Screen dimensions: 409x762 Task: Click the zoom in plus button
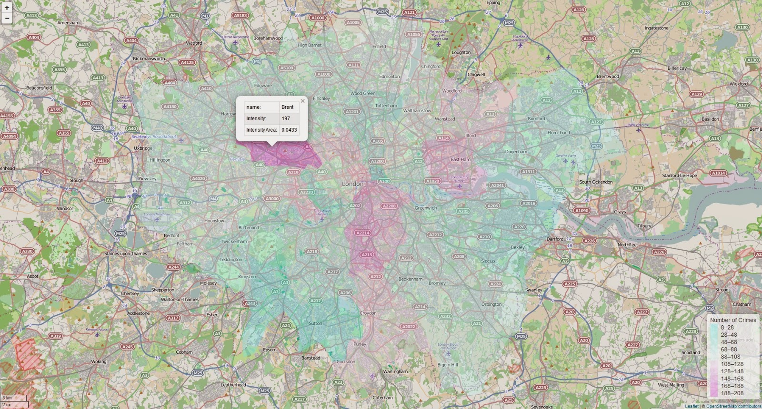(x=7, y=8)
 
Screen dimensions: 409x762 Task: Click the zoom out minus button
(x=7, y=19)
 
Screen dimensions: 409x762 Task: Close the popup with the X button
(x=302, y=101)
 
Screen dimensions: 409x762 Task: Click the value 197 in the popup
(x=286, y=118)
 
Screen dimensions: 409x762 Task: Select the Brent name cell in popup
(x=287, y=107)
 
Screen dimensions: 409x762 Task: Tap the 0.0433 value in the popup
(x=289, y=130)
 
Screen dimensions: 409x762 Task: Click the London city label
(x=352, y=184)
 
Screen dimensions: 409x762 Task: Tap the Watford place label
(x=194, y=43)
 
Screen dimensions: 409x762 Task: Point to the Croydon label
(x=368, y=313)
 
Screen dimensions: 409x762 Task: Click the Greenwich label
(x=425, y=208)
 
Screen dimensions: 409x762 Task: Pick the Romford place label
(x=536, y=118)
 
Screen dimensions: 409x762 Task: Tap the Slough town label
(x=76, y=180)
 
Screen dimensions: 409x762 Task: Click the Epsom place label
(x=270, y=350)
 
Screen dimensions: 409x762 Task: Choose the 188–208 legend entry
(x=732, y=393)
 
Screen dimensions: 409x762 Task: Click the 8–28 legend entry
(x=727, y=327)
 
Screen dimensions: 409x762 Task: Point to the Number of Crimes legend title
(x=733, y=320)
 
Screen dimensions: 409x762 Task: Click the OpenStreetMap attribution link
(x=733, y=406)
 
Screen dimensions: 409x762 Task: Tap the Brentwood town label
(x=608, y=76)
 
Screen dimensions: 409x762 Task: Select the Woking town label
(x=99, y=361)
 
